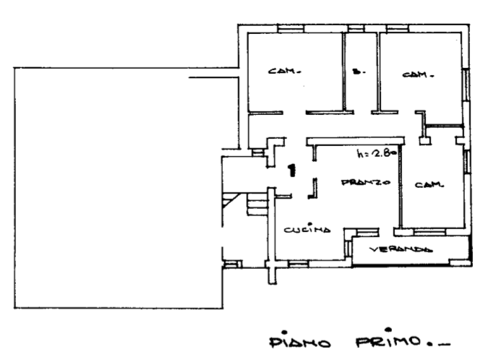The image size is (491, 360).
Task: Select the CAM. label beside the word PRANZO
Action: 429,184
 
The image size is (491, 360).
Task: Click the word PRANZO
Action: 366,183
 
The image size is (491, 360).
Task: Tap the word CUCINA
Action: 307,230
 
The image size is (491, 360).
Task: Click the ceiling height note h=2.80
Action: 375,153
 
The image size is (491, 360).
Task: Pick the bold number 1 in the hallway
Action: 291,171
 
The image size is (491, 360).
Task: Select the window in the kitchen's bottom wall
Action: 299,264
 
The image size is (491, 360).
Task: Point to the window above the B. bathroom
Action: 355,28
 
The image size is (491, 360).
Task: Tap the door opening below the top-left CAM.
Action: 294,113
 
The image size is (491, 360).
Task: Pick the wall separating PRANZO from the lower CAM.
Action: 401,184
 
